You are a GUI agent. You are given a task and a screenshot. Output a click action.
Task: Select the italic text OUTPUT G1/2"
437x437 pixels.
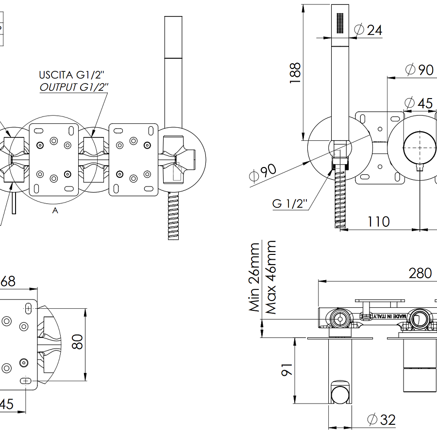click(x=74, y=87)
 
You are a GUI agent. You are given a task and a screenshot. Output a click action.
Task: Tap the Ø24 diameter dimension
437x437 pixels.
click(x=368, y=30)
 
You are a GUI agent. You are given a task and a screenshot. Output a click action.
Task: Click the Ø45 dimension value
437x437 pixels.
click(x=418, y=103)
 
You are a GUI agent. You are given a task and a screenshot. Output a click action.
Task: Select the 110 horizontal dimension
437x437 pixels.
click(x=378, y=221)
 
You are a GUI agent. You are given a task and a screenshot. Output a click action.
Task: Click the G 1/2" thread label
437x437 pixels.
click(x=290, y=203)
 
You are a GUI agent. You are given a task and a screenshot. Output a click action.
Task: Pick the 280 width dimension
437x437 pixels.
click(x=420, y=273)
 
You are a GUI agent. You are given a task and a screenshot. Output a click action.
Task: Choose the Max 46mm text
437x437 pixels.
click(x=271, y=277)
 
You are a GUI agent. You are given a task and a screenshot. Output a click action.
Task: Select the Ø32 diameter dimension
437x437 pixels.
click(x=382, y=420)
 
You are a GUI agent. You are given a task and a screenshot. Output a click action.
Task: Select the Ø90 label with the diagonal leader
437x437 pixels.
click(x=262, y=173)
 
